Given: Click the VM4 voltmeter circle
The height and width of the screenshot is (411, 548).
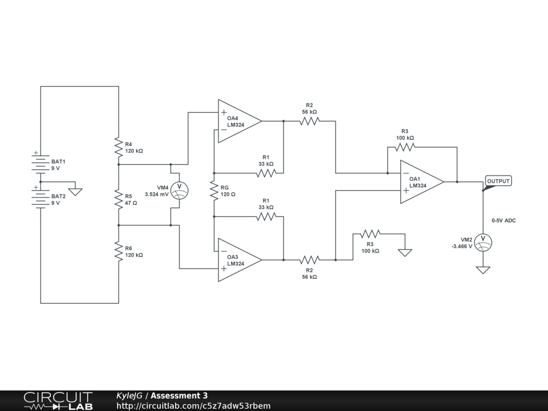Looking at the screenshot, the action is (x=179, y=191).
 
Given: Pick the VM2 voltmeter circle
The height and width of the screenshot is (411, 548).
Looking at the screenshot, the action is (x=483, y=242).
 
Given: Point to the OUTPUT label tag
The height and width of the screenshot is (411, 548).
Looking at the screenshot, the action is (x=498, y=181).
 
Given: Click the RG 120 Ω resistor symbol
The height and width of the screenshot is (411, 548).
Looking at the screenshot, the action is (x=214, y=191).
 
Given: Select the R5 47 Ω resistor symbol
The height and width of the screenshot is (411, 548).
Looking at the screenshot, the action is (x=119, y=199).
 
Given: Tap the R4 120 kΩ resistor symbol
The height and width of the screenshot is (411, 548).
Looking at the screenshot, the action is (x=119, y=147).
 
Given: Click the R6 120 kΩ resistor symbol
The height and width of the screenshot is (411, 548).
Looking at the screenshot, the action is (x=119, y=251).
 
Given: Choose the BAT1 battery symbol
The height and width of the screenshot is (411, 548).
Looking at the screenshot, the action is (x=41, y=162).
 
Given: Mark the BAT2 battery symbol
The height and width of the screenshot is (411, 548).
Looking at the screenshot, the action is (x=41, y=197).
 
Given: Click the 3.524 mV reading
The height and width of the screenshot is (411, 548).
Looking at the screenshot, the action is (x=157, y=194).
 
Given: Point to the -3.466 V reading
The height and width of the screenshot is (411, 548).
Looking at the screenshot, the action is (x=462, y=246).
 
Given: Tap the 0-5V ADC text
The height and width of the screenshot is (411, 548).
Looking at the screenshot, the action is (x=504, y=220).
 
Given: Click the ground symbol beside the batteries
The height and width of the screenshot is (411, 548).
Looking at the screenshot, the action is (x=75, y=192).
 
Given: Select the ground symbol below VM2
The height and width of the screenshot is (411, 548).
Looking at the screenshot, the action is (x=483, y=270).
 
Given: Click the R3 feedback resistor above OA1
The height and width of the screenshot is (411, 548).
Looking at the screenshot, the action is (x=405, y=147).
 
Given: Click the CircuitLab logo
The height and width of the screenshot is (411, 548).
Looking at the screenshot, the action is (x=58, y=401).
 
